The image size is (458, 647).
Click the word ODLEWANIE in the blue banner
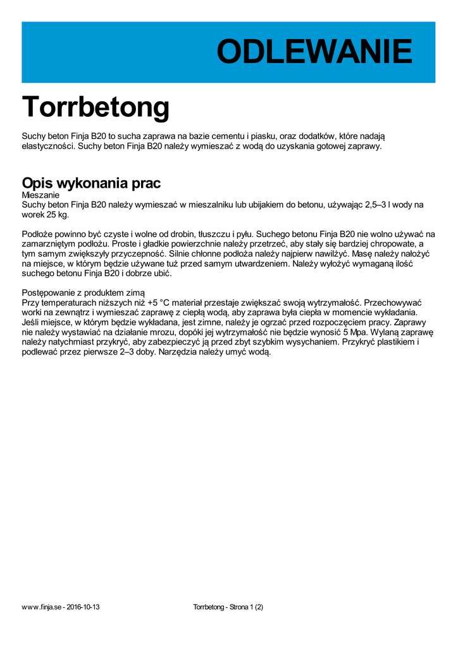click(314, 52)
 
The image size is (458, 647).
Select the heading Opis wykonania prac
click(91, 183)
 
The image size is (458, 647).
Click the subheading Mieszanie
click(40, 195)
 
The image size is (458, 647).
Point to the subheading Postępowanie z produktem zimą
click(83, 293)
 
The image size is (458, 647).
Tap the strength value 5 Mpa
click(356, 332)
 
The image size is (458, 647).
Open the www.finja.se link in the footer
click(41, 607)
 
